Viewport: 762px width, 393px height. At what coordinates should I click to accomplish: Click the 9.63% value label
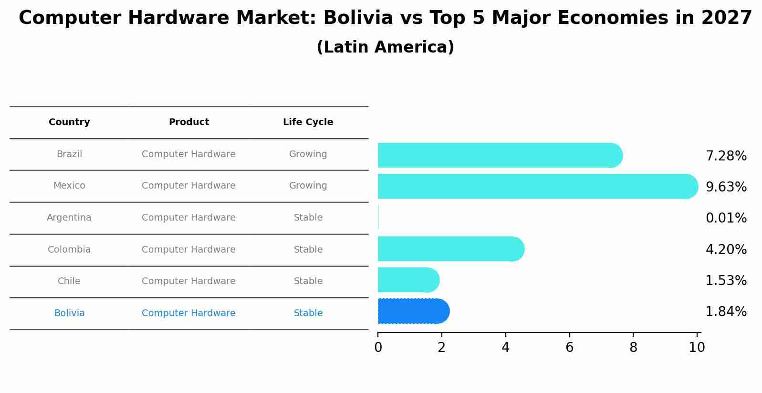tap(726, 187)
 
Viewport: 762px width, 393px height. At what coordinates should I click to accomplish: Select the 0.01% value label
tap(726, 218)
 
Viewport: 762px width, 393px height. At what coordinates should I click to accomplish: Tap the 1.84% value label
tap(726, 312)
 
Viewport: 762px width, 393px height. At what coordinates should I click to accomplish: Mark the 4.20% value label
tap(726, 249)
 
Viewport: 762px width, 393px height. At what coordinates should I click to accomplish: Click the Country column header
tap(69, 122)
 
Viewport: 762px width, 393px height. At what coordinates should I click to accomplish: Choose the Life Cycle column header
tap(308, 122)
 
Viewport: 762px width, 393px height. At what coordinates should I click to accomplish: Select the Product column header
tap(188, 122)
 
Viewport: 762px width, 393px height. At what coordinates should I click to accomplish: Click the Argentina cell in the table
tap(69, 218)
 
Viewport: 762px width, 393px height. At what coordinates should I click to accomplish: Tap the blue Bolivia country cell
tap(69, 313)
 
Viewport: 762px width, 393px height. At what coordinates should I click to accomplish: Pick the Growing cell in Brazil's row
tap(308, 154)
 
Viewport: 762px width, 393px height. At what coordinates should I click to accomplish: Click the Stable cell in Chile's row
tap(308, 281)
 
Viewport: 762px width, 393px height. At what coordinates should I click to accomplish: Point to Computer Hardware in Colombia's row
tap(188, 250)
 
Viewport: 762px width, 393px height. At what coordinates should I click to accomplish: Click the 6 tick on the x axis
tap(569, 348)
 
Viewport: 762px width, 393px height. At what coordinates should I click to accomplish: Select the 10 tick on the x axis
tap(697, 348)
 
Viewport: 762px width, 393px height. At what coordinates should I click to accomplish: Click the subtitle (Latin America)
tap(385, 47)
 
